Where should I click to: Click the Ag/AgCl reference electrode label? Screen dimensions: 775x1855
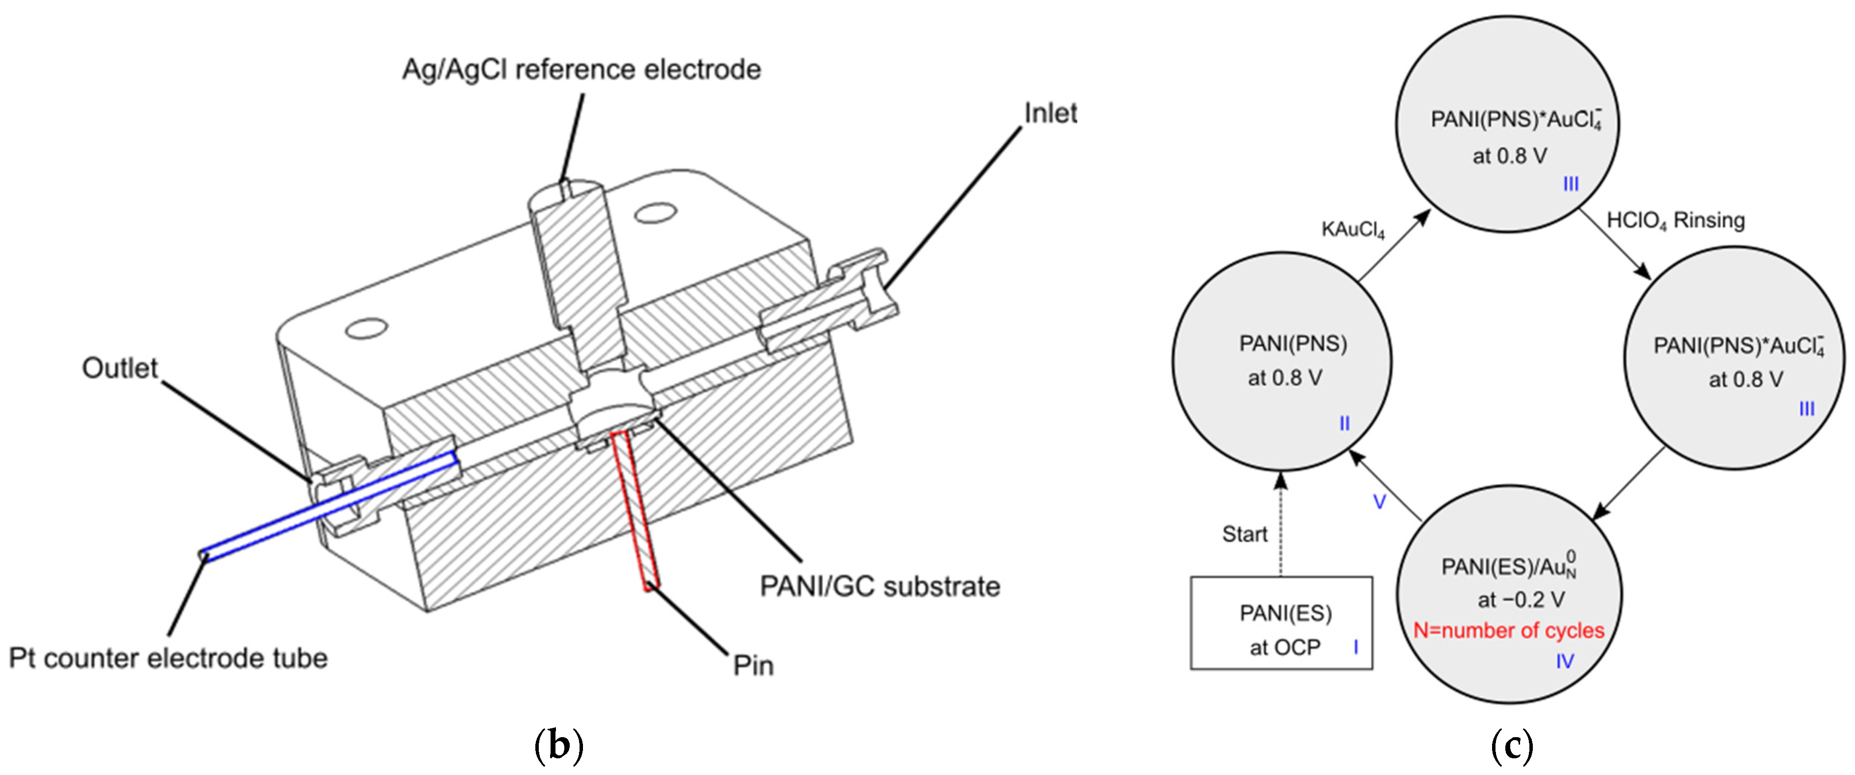point(581,70)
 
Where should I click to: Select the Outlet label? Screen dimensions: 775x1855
point(119,368)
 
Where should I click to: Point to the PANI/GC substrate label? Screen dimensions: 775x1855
point(879,586)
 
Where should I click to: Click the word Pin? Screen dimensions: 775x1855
point(752,665)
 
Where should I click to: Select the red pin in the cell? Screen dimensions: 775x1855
point(634,512)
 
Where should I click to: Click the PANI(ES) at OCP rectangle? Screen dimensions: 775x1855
point(1280,623)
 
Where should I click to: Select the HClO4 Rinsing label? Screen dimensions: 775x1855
point(1675,220)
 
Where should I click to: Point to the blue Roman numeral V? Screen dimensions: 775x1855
point(1379,502)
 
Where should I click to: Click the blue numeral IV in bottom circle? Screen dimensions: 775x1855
point(1564,661)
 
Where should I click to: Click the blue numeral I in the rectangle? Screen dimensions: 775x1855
point(1355,647)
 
